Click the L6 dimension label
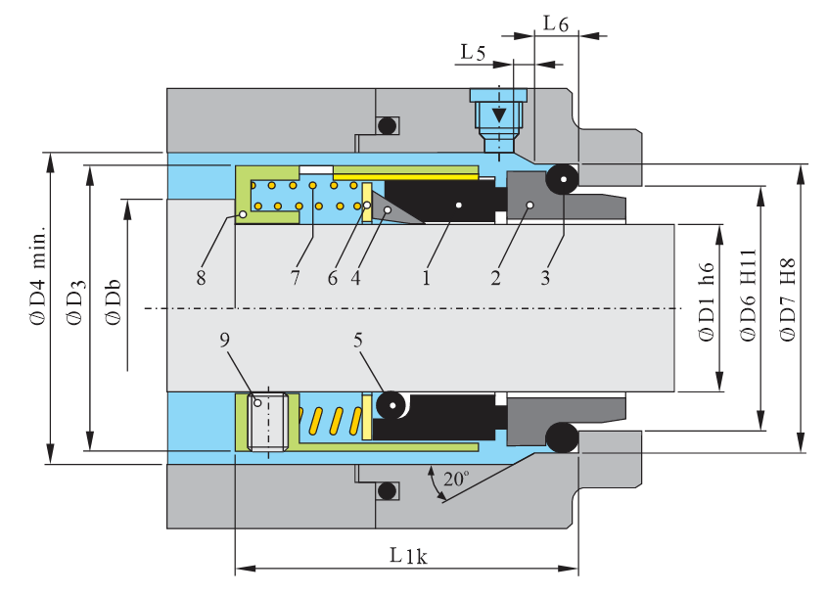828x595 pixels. tap(556, 23)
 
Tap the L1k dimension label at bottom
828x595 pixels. tap(408, 555)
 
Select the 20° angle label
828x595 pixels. tap(456, 481)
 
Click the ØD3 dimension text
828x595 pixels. tap(75, 302)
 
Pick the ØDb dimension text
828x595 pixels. tap(115, 304)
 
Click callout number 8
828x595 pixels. tap(201, 278)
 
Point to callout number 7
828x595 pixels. tap(294, 278)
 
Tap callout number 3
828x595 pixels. tap(545, 278)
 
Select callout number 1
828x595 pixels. tap(427, 278)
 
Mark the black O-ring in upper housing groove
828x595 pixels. tap(387, 125)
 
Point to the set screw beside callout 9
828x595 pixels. tap(267, 422)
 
